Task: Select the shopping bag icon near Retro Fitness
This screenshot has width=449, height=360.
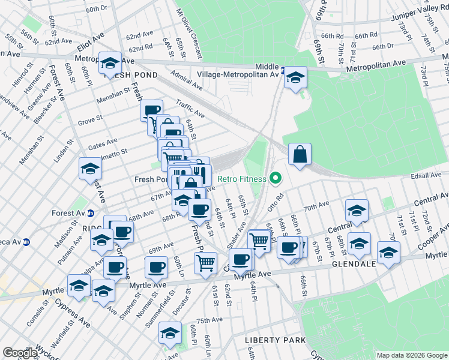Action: (x=299, y=154)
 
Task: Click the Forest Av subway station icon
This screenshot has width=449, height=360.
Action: (x=91, y=212)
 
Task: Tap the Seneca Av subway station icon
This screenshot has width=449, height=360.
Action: (x=35, y=243)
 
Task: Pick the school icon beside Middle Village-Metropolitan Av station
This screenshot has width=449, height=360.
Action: (x=295, y=77)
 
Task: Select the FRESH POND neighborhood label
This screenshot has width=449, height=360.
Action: (x=130, y=75)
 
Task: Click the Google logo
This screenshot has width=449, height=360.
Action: (x=20, y=353)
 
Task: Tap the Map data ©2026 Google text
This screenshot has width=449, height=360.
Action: (x=411, y=355)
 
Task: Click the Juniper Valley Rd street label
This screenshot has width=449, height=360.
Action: (x=402, y=21)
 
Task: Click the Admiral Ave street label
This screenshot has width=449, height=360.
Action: (x=187, y=77)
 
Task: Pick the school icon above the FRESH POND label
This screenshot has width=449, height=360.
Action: (x=110, y=62)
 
